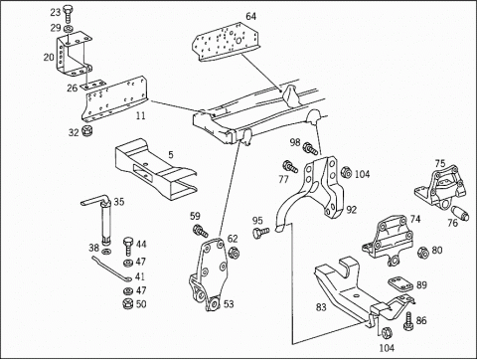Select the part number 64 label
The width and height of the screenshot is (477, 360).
(x=251, y=16)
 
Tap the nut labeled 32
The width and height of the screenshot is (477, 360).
(x=87, y=131)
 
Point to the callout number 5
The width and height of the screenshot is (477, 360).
(x=170, y=155)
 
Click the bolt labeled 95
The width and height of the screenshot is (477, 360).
(x=261, y=232)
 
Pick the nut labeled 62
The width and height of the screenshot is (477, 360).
(x=234, y=253)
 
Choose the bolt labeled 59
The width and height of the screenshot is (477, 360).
(x=201, y=231)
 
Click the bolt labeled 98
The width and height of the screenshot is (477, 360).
(x=312, y=149)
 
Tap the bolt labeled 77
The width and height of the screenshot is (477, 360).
(x=290, y=166)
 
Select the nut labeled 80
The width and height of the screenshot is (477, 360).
(x=423, y=253)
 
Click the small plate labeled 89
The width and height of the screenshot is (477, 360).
(x=400, y=284)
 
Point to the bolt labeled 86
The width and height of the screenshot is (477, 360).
(x=408, y=321)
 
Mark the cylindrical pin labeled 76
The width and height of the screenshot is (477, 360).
(x=461, y=213)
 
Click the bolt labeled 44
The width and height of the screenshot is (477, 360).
(x=128, y=246)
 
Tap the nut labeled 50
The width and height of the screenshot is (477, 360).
(x=127, y=304)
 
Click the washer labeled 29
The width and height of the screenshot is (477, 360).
(x=68, y=28)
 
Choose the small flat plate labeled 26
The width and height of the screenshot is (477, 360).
(x=92, y=86)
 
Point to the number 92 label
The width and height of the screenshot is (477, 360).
(x=352, y=210)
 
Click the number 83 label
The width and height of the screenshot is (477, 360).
(x=321, y=307)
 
